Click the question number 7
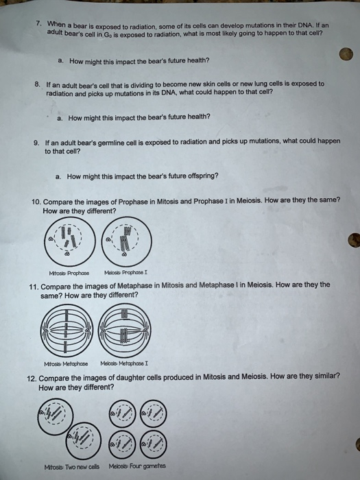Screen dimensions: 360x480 pos(38,23)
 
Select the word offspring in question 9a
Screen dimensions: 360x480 pos(203,176)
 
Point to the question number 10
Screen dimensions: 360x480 pos(36,202)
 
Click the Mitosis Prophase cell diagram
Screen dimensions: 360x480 pos(70,241)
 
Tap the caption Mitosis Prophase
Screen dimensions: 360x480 pos(69,273)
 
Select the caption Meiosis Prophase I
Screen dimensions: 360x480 pos(125,272)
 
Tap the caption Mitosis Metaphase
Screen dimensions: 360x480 pos(66,364)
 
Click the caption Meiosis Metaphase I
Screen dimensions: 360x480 pos(124,363)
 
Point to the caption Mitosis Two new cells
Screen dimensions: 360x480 pos(72,467)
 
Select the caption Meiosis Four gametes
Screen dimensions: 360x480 pos(137,466)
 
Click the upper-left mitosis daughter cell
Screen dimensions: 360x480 pos(56,416)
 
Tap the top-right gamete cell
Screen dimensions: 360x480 pos(154,413)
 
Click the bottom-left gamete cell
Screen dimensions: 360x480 pos(122,444)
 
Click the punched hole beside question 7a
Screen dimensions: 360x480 pos(346,54)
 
